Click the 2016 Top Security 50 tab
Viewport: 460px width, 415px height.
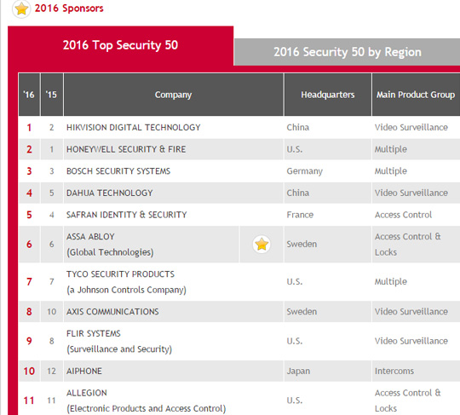tap(120, 45)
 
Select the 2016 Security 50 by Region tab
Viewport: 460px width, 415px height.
tap(347, 52)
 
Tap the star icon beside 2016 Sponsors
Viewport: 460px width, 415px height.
tap(21, 9)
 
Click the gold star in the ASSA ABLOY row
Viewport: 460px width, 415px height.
tap(262, 245)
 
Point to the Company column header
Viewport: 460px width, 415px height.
tap(174, 95)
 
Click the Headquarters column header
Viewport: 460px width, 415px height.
tap(328, 95)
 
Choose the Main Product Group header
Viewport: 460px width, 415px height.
tap(416, 95)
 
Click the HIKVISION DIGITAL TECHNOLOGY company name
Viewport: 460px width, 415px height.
tap(134, 127)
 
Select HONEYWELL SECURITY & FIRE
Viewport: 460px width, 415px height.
tap(126, 149)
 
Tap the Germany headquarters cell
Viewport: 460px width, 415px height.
tap(304, 171)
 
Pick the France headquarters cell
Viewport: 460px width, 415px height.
tap(300, 215)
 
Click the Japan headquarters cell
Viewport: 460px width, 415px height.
tap(298, 371)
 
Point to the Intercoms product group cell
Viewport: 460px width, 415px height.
tap(394, 371)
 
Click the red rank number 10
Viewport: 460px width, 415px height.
tap(29, 371)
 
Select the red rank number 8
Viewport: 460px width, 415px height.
tap(29, 311)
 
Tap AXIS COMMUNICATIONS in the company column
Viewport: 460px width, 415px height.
tap(112, 311)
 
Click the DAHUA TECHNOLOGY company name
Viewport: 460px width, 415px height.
tap(109, 193)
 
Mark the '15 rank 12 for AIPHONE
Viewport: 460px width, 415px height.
tap(51, 371)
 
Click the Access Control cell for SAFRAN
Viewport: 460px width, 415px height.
tap(403, 215)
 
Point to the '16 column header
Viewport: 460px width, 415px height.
tap(29, 95)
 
